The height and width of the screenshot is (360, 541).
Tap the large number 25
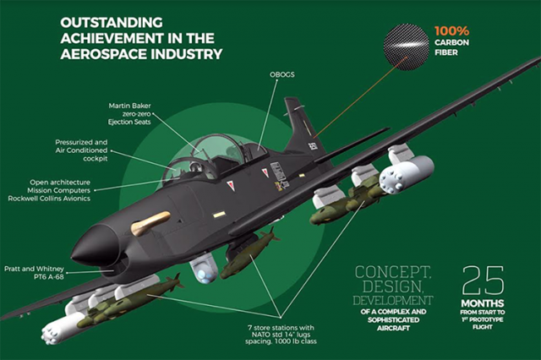tap(483, 281)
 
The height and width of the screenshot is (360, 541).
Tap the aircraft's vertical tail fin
tap(300, 127)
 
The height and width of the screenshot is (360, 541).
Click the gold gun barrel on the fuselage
tap(152, 224)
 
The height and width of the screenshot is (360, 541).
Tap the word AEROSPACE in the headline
tap(106, 55)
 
